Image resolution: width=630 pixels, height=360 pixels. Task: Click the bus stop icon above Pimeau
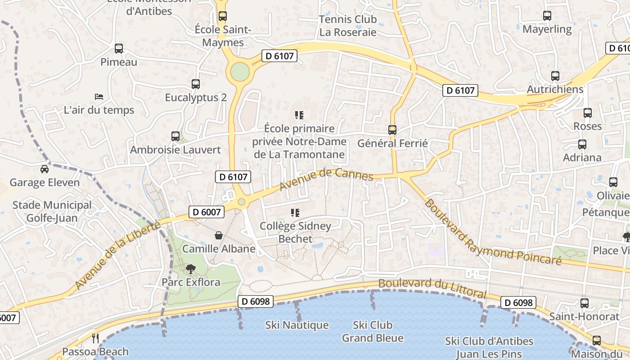[119, 49]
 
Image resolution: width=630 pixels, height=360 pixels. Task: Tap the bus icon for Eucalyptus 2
[196, 84]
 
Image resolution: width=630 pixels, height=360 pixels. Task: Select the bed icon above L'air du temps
[99, 97]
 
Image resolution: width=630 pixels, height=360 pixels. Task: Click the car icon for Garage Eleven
[45, 169]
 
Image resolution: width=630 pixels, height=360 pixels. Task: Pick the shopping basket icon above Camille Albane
[219, 235]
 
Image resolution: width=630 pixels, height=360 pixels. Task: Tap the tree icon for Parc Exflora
[191, 269]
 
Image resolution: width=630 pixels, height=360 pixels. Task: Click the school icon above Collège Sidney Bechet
[295, 213]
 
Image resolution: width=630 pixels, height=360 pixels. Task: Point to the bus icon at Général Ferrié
[392, 130]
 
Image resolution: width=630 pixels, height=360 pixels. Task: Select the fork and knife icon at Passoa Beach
[95, 338]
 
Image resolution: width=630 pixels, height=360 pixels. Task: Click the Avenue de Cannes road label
[326, 179]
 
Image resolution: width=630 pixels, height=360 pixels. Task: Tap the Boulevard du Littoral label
[432, 288]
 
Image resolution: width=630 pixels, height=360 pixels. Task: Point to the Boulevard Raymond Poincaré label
[493, 232]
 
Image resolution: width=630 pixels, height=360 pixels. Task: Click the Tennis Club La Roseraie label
[347, 26]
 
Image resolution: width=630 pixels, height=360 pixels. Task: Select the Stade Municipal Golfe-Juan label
[52, 211]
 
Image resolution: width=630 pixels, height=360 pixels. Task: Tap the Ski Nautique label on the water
[297, 325]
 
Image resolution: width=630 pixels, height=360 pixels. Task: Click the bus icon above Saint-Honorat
[585, 303]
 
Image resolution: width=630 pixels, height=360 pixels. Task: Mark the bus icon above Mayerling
[547, 16]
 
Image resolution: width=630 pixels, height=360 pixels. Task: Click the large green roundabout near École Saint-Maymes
[240, 72]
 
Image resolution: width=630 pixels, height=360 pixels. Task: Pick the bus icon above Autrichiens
[555, 76]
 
